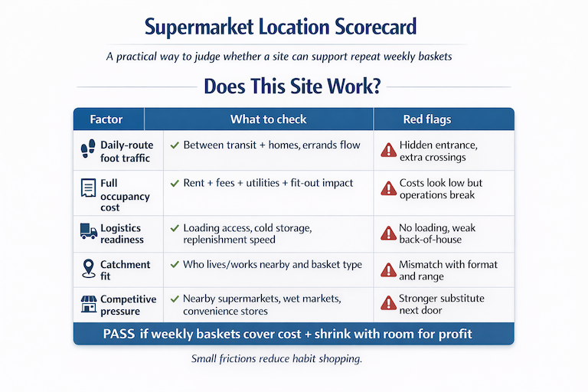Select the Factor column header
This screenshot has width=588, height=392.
point(106,119)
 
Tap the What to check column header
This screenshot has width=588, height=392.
point(268,119)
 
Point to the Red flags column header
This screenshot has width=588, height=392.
point(426,119)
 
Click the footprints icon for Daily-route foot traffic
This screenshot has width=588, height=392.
point(87,150)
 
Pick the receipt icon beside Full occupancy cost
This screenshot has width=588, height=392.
point(87,189)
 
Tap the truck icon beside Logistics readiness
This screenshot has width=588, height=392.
point(87,230)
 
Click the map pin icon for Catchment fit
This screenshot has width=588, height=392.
point(87,268)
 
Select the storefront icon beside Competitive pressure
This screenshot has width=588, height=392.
point(87,304)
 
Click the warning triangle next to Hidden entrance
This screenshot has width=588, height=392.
point(388,150)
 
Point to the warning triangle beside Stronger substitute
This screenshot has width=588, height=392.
point(388,304)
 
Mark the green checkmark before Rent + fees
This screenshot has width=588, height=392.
point(175,184)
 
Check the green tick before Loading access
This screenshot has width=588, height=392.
point(175,228)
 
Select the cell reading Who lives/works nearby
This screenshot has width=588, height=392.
point(272,265)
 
